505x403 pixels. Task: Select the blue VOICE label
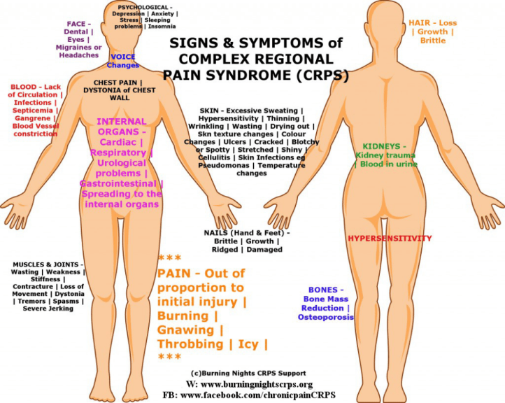tap(123, 57)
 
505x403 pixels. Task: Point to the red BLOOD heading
tap(23, 87)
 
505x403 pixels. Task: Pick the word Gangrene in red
tap(32, 118)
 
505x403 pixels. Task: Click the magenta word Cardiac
tap(116, 142)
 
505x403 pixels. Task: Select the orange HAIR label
tap(422, 23)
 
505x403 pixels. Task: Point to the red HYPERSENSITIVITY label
tap(390, 239)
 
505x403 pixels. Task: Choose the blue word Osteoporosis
tap(326, 317)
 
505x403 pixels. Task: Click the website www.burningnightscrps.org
tap(258, 385)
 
